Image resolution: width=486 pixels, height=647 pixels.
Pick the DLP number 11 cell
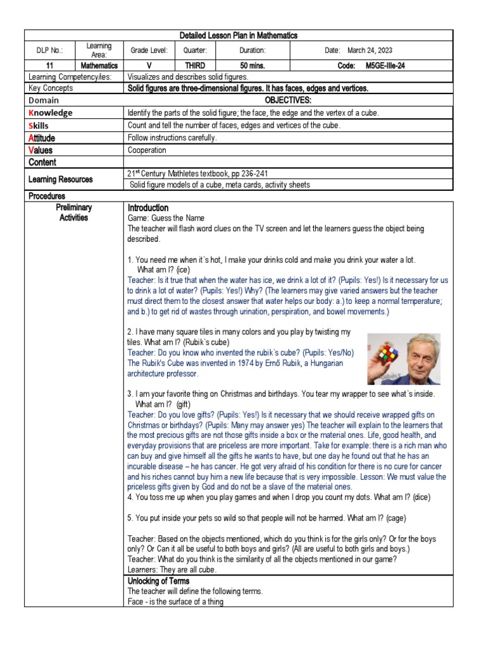[x=50, y=65]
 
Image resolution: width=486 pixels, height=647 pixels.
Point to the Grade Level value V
[x=147, y=65]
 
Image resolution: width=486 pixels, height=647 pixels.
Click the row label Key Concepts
[x=51, y=88]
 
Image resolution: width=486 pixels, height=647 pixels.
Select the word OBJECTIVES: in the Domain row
[x=289, y=100]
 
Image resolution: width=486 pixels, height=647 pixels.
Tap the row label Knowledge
[x=50, y=112]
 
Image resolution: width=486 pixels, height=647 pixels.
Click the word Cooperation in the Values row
[x=147, y=150]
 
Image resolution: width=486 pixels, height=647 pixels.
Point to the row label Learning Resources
[x=61, y=179]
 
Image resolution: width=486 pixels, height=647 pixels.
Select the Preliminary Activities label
[x=73, y=212]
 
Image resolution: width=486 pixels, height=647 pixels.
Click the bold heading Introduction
[x=148, y=208]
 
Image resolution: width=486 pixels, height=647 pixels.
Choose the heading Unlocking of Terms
[x=158, y=581]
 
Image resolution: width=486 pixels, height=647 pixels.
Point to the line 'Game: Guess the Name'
[x=166, y=218]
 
